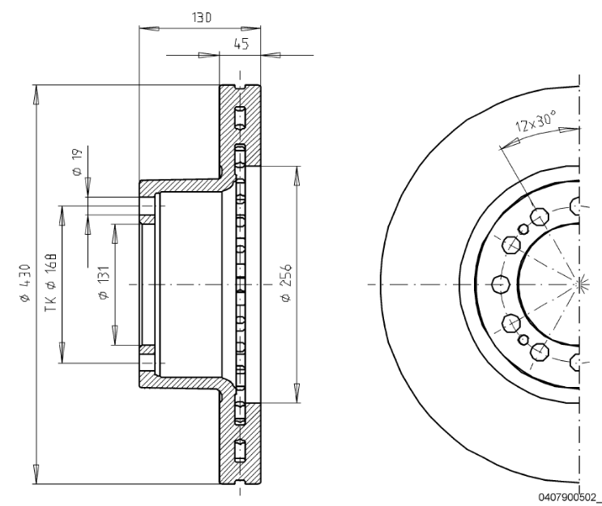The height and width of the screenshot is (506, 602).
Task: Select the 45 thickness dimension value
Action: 241,45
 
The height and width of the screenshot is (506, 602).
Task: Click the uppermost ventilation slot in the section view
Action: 240,117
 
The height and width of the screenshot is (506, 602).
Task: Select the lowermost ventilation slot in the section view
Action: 240,452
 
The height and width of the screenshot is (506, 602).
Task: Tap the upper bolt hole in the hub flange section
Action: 147,210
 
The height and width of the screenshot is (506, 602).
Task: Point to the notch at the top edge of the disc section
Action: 241,87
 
